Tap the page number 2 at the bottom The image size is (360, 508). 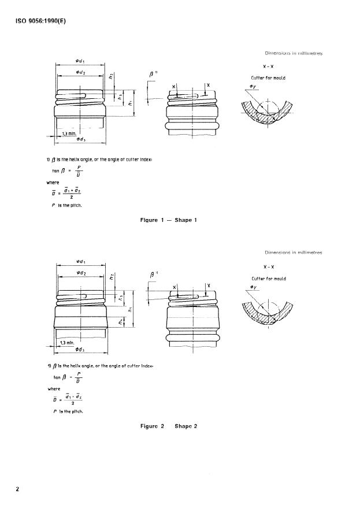pyautogui.click(x=17, y=490)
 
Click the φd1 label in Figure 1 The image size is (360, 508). pyautogui.click(x=80, y=61)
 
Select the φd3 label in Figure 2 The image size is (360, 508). pyautogui.click(x=80, y=348)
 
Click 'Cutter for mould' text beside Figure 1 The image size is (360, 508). pyautogui.click(x=268, y=77)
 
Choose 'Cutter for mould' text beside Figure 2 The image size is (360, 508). pyautogui.click(x=268, y=279)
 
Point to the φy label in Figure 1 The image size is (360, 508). pyautogui.click(x=253, y=86)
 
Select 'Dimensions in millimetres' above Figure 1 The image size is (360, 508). pyautogui.click(x=293, y=53)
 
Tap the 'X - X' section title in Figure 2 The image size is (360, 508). pyautogui.click(x=269, y=267)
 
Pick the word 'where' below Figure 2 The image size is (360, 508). pyautogui.click(x=53, y=388)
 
